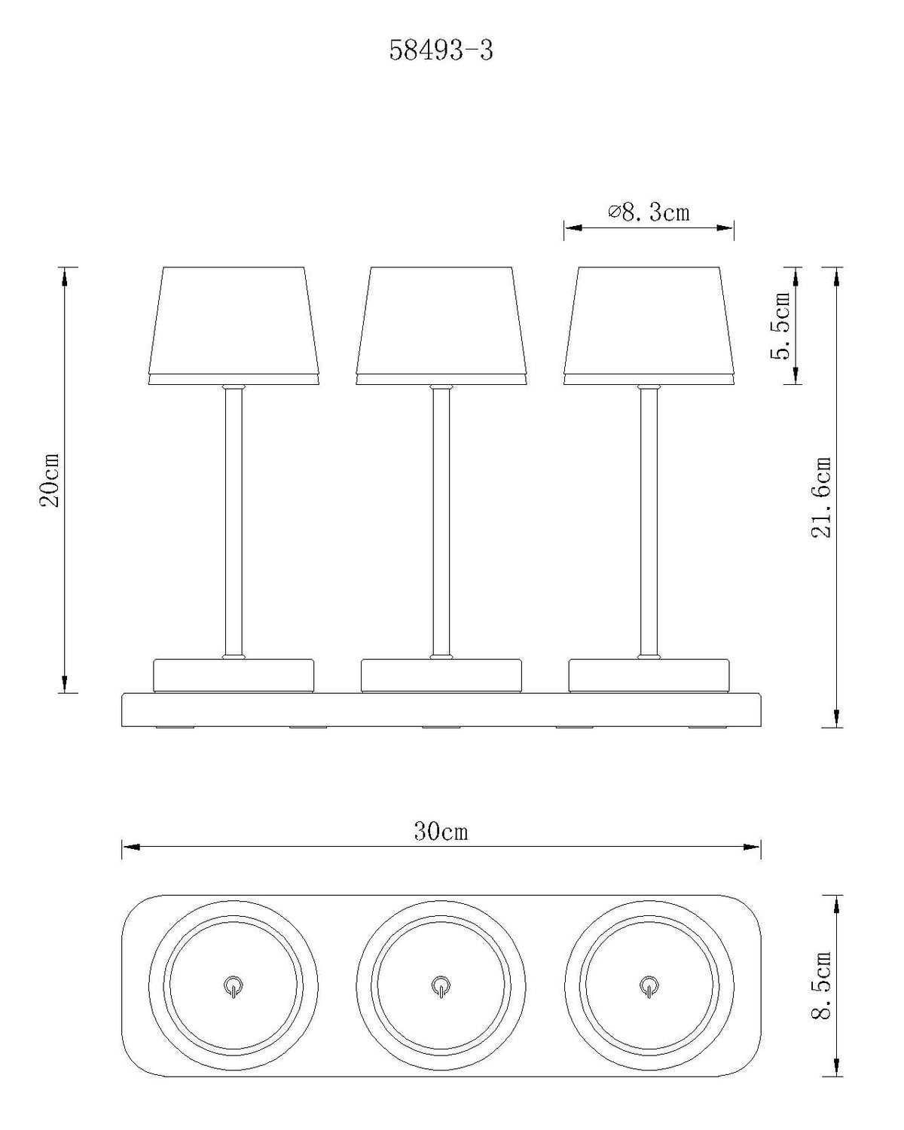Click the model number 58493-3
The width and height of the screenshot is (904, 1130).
[x=441, y=51]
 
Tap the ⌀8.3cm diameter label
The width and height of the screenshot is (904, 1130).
[x=649, y=212]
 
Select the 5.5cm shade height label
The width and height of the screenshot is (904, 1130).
[x=780, y=325]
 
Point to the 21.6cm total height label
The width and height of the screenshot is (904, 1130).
[x=821, y=497]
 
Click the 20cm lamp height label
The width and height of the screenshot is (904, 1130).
[x=50, y=479]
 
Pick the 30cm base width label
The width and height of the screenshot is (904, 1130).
[x=441, y=832]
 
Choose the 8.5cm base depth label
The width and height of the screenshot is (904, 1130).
[x=821, y=992]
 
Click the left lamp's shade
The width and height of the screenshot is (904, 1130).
[x=234, y=325]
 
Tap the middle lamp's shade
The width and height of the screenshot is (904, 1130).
[x=441, y=325]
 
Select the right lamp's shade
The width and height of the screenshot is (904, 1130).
[x=649, y=325]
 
